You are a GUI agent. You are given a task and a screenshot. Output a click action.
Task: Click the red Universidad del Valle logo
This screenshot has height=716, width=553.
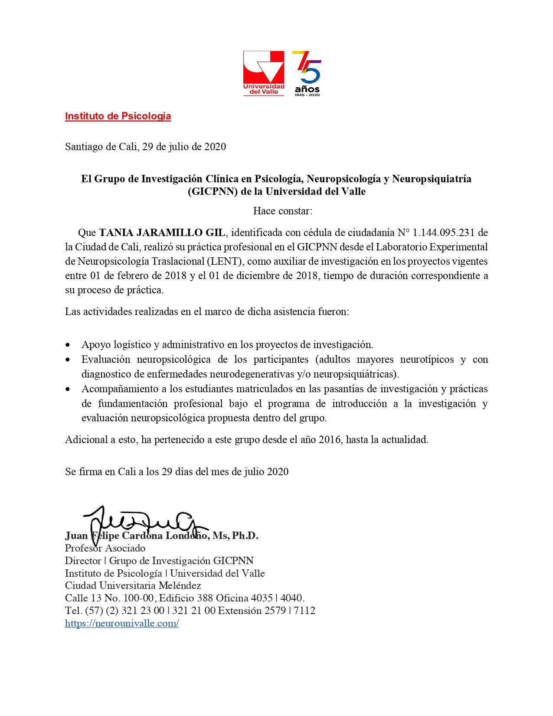(263, 73)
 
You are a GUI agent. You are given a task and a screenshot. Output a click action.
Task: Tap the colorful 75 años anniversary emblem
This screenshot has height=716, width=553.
(307, 73)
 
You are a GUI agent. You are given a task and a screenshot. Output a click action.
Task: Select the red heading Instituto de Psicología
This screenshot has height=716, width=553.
(118, 116)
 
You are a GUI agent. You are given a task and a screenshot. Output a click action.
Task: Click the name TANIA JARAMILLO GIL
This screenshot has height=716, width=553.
(162, 233)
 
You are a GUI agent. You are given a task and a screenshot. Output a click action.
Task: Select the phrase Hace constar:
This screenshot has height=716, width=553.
(282, 211)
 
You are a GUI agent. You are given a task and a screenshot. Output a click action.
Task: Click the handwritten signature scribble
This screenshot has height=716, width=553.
(143, 521)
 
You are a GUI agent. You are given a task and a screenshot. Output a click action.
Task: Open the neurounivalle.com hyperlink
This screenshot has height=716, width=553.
(122, 624)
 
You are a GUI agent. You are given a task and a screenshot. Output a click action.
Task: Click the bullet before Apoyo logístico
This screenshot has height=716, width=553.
(68, 345)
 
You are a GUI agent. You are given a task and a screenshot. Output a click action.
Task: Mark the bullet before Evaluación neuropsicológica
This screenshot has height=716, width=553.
(68, 360)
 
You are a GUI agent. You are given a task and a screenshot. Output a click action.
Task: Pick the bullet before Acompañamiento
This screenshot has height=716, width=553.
(68, 389)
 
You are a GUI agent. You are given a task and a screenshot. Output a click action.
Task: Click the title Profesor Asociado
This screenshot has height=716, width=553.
(105, 548)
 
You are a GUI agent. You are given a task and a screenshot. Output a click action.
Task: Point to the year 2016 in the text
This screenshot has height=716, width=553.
(330, 440)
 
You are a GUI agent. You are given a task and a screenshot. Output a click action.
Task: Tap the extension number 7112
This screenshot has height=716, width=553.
(304, 611)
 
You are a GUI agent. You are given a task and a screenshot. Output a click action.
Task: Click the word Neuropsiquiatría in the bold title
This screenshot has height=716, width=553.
(432, 179)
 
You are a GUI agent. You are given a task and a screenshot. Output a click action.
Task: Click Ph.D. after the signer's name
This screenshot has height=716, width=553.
(245, 536)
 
